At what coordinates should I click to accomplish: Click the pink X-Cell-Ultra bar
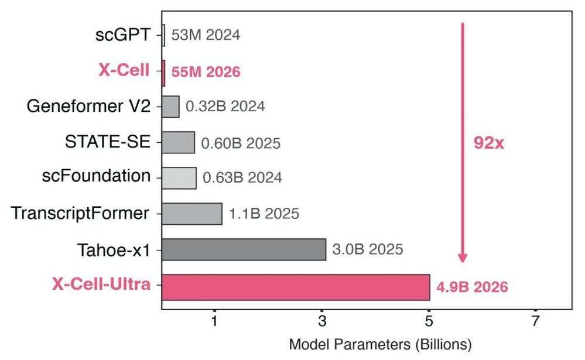296,287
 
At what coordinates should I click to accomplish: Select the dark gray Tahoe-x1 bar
244,249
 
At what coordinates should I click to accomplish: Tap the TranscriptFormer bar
192,213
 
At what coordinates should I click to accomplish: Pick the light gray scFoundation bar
179,177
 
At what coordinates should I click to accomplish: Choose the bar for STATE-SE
178,142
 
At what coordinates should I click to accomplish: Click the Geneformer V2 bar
170,107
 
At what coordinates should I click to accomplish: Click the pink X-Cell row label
124,71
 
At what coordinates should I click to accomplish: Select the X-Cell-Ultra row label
101,285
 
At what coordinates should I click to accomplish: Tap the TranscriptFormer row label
80,213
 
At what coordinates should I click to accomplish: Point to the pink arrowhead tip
463,262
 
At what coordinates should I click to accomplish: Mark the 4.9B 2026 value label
472,287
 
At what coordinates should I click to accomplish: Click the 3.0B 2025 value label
368,249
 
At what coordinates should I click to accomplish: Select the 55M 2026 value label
206,72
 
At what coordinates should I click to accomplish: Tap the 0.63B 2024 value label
242,177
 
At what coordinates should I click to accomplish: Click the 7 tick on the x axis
535,321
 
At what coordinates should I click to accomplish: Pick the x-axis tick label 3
322,321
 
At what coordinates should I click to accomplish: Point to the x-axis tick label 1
215,321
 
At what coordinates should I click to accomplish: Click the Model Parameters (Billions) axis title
380,344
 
